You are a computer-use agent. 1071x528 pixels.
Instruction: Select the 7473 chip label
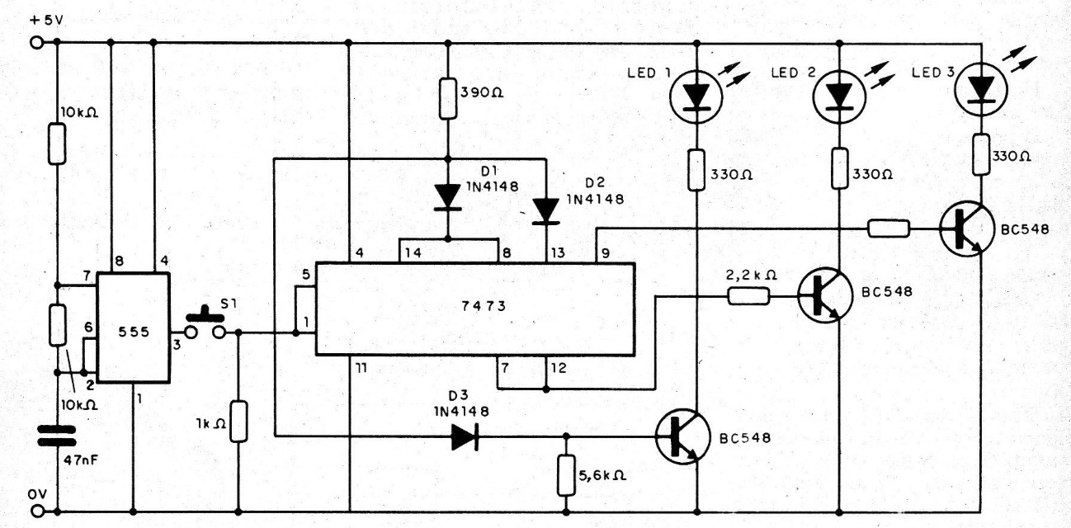(484, 305)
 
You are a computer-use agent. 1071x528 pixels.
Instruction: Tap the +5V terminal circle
(36, 43)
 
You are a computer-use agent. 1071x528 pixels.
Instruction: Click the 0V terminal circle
(36, 511)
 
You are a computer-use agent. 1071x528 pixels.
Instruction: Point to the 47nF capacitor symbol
(57, 436)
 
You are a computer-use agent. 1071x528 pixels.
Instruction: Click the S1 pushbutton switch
(205, 325)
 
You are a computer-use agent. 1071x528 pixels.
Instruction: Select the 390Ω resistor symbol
(448, 98)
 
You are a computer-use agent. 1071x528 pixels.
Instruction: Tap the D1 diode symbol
(448, 197)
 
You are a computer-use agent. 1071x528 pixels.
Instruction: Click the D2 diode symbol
(546, 211)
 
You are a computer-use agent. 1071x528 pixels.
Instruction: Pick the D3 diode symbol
(465, 436)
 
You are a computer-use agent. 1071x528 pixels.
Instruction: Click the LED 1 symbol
(696, 97)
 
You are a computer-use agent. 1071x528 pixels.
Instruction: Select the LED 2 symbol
(839, 97)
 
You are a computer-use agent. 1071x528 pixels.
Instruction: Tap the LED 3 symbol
(981, 89)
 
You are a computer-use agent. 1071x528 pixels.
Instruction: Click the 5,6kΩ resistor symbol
(566, 475)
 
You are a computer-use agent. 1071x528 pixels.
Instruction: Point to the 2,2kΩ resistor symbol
(748, 296)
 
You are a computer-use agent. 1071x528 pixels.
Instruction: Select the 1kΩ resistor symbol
(238, 422)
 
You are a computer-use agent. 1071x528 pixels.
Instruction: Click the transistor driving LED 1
(682, 436)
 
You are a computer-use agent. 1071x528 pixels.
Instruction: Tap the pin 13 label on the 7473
(558, 252)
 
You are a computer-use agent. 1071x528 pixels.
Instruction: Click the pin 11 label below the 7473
(361, 368)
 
